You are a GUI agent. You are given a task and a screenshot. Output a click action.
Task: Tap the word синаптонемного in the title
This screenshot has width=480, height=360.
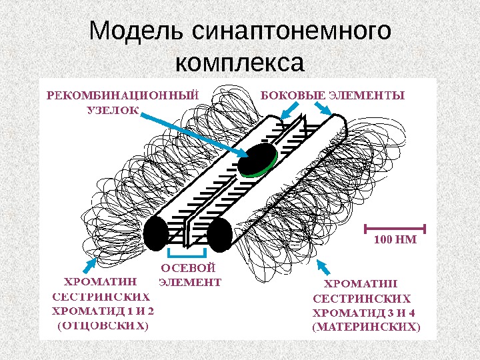pos(291,32)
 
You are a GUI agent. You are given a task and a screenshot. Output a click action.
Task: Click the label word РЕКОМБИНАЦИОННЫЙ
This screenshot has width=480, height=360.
pos(123,95)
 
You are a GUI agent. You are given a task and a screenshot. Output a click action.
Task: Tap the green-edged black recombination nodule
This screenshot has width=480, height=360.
pos(259,159)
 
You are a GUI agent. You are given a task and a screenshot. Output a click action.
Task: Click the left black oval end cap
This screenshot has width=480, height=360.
pos(155,233)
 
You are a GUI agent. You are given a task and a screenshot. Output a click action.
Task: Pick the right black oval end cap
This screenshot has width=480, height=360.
pos(219,235)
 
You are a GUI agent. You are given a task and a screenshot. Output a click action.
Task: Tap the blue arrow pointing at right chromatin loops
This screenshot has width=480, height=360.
pos(325,267)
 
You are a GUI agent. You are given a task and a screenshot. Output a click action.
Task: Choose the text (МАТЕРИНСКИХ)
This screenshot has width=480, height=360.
pos(367,327)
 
